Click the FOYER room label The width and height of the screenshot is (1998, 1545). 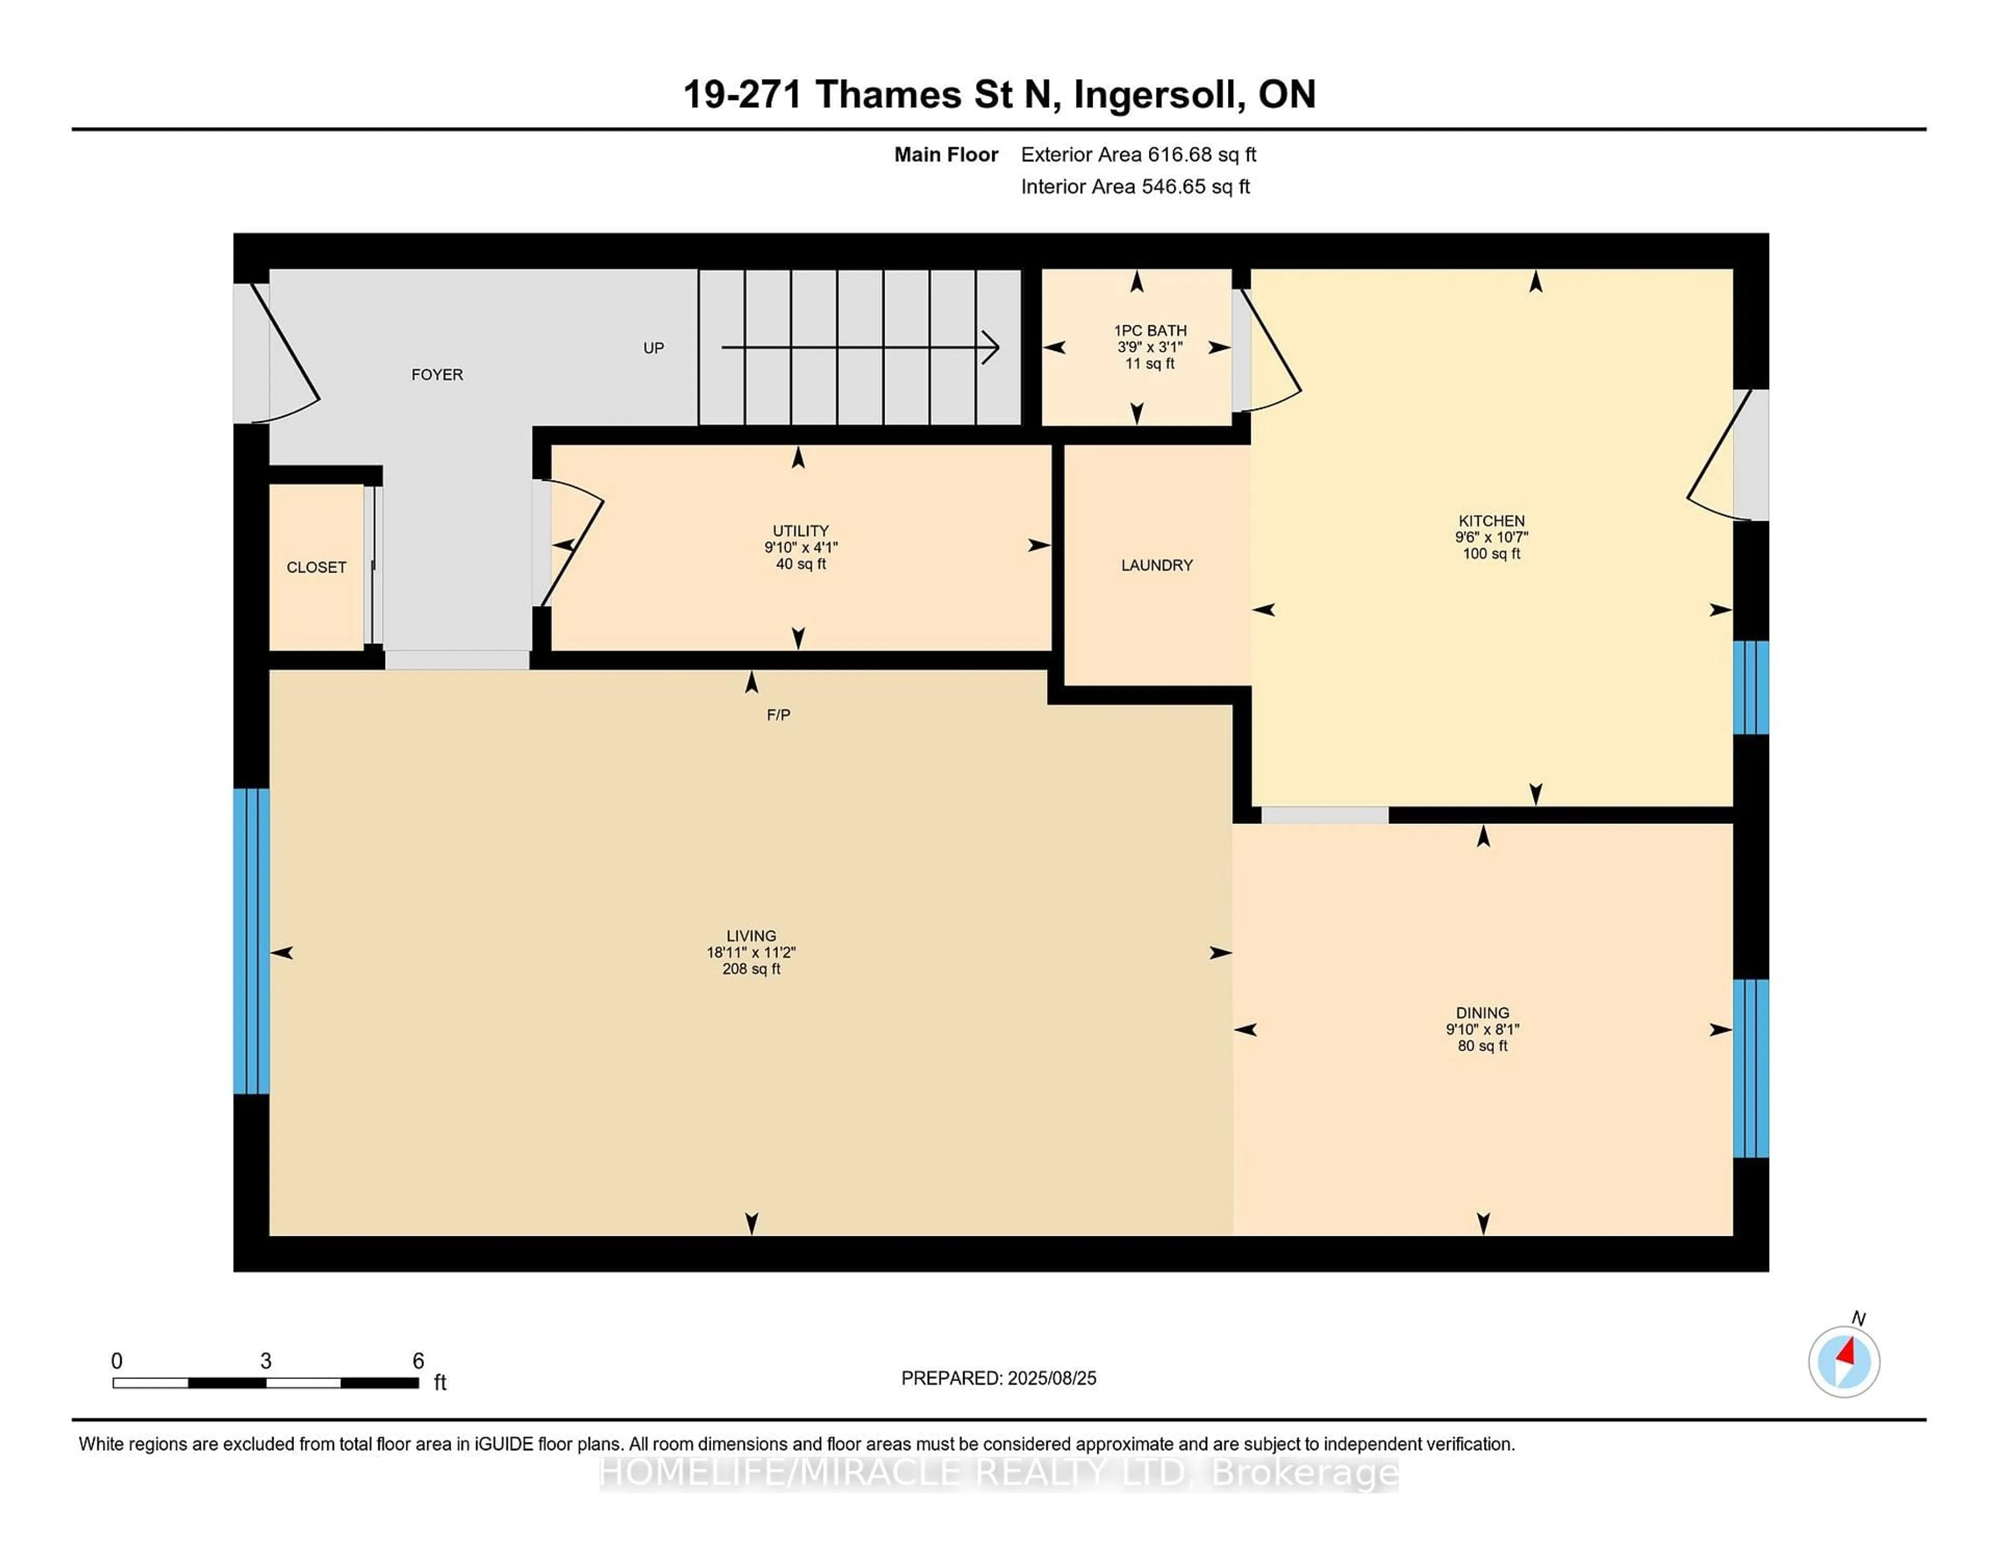(437, 374)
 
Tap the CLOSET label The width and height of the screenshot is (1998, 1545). (316, 567)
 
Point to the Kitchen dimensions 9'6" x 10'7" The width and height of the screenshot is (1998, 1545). (1491, 537)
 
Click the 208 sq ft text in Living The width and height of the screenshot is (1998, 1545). (751, 968)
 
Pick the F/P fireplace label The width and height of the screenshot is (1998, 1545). (778, 715)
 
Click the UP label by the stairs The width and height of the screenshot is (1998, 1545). (653, 348)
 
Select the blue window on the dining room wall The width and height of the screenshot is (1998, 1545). (1751, 1068)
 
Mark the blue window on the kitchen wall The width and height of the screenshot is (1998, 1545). (1751, 687)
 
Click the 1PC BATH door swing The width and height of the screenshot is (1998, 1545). (1270, 352)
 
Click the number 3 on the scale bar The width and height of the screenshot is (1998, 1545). (265, 1361)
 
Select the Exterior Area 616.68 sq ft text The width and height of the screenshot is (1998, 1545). (1138, 155)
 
